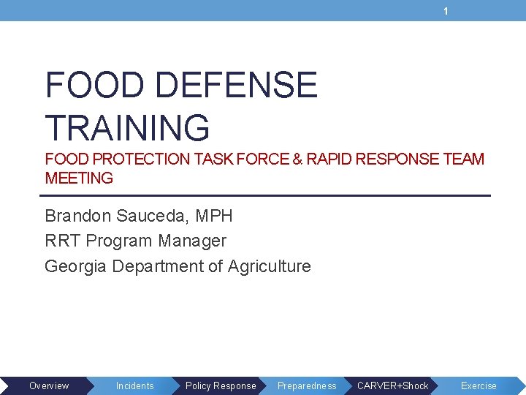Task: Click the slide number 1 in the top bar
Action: (445, 11)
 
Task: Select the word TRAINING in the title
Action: (127, 127)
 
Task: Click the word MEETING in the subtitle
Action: (79, 178)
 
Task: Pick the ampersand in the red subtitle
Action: (297, 159)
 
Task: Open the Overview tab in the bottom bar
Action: (49, 385)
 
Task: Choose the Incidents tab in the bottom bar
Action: (135, 385)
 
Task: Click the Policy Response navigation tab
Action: (221, 385)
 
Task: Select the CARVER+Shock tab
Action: (392, 385)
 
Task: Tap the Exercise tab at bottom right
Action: (479, 385)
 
